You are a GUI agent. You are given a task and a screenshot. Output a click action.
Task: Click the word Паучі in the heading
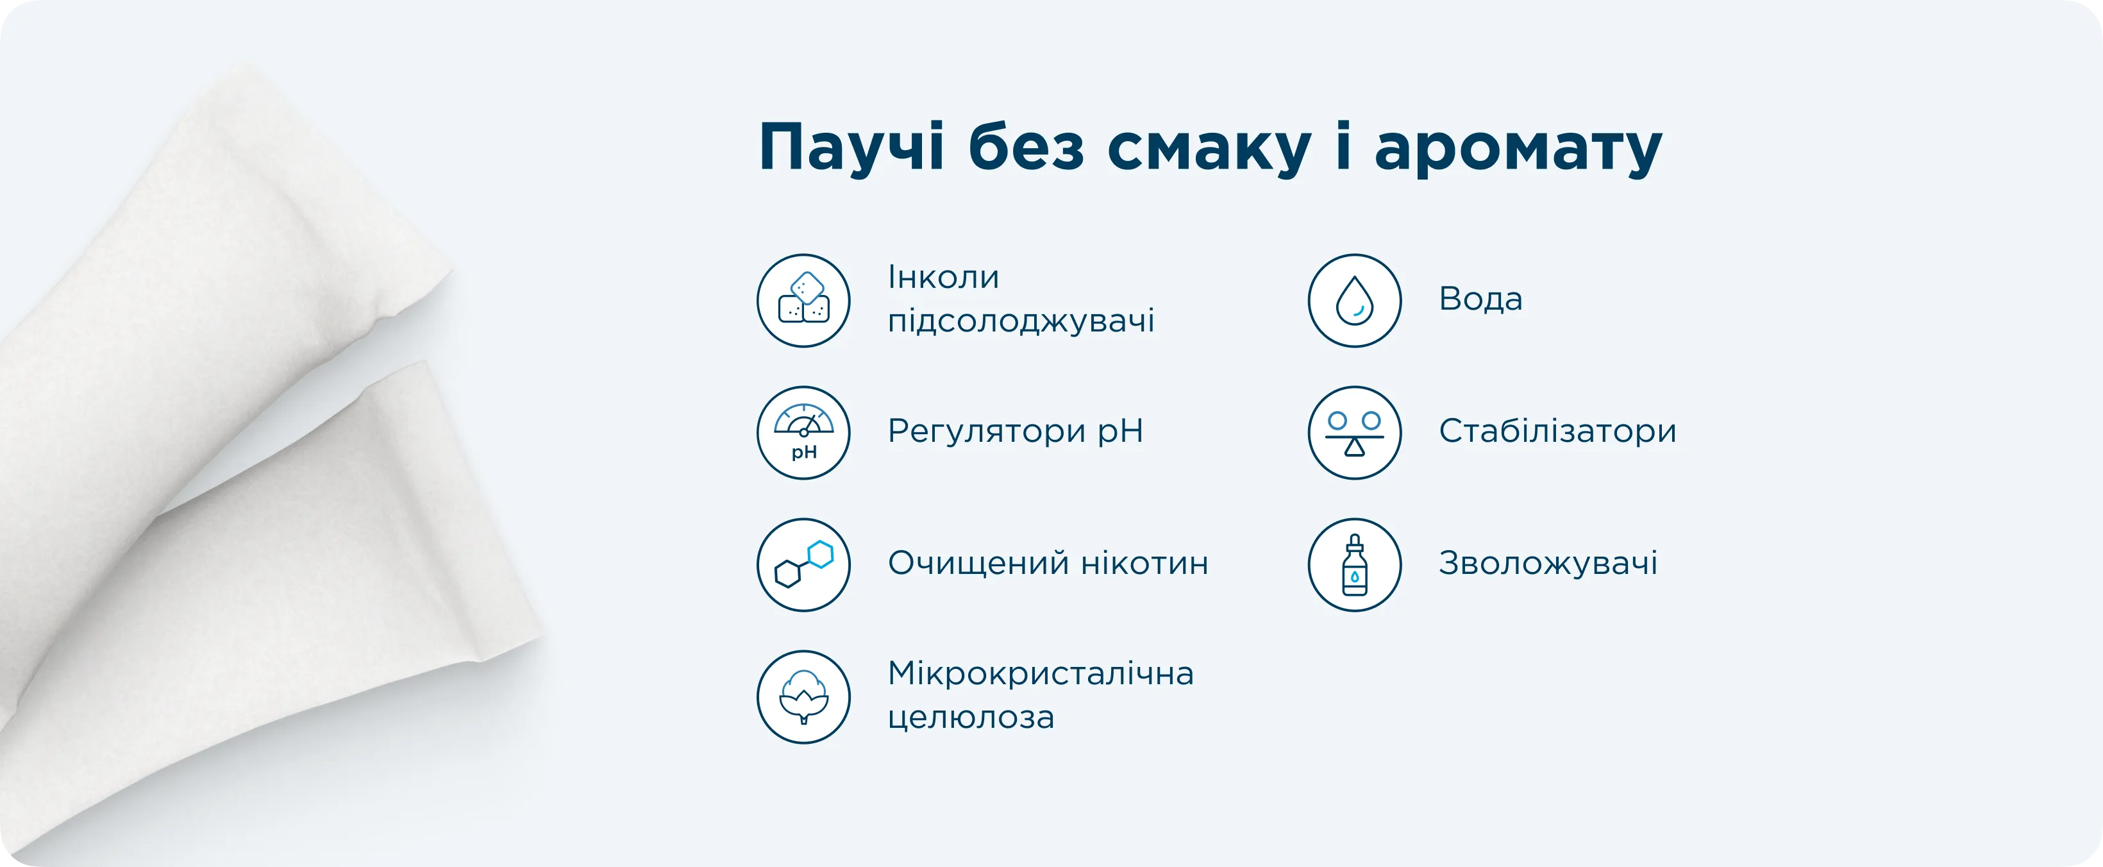[851, 147]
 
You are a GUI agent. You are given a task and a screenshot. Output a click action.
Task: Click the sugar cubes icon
[803, 300]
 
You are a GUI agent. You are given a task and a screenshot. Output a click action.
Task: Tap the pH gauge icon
[803, 433]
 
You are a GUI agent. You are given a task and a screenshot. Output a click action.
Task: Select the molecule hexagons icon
[803, 565]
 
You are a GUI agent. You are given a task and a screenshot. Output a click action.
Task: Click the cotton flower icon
[803, 697]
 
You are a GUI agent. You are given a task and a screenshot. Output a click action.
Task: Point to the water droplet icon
[1354, 300]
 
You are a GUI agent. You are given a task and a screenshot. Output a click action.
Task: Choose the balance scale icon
[1354, 433]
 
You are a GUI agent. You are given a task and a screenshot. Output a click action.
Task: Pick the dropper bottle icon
[1354, 565]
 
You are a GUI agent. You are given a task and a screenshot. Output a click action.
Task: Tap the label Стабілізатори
[1557, 430]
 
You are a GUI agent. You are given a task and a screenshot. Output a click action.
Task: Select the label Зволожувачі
[1548, 562]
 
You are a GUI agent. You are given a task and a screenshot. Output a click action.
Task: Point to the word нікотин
[1144, 563]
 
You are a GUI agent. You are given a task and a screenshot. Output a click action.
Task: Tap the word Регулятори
[987, 432]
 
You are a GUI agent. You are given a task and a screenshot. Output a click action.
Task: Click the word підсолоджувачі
[1021, 321]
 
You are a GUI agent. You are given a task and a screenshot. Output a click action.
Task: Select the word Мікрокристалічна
[1041, 673]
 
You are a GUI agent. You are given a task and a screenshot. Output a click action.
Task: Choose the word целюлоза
[971, 718]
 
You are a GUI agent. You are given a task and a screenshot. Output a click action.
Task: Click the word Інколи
[944, 278]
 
